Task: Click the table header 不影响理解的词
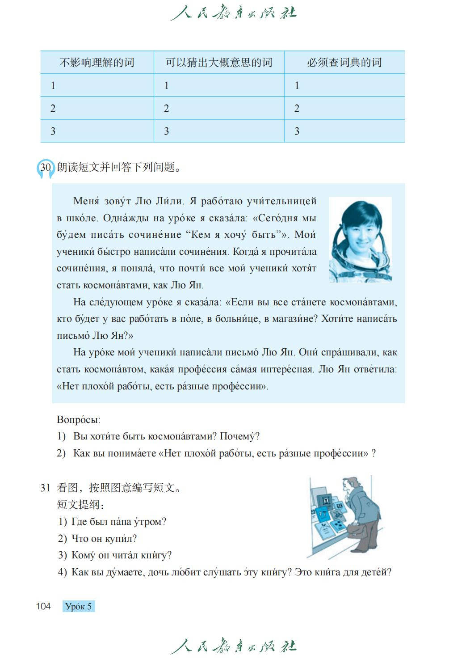97,63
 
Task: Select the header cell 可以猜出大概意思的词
219,63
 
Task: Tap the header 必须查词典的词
344,63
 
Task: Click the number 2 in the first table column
53,108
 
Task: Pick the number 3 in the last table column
297,131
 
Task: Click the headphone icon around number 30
45,168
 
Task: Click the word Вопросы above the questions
78,420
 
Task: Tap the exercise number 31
45,488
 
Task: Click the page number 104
43,606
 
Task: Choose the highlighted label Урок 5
79,607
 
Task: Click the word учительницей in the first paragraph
281,201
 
